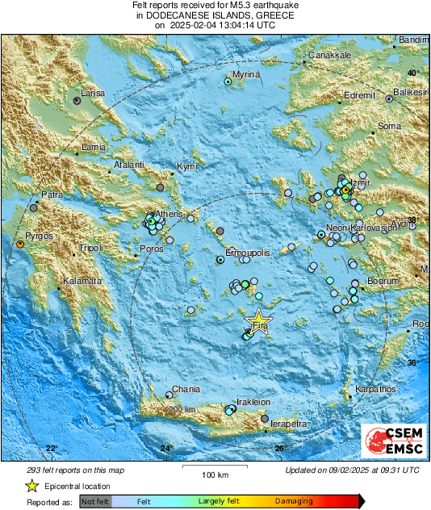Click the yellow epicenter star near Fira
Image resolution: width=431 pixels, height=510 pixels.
coord(258,319)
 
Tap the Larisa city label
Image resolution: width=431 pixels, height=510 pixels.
coord(94,94)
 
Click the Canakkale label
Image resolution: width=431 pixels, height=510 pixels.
coord(327,56)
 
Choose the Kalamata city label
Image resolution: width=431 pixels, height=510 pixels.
coord(83,281)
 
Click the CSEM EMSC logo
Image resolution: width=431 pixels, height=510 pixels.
coord(393,441)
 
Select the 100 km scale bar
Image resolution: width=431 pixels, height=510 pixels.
coord(213,466)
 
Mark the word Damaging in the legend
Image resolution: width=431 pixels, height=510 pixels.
coord(295,501)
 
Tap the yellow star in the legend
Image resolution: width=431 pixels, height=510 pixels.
coord(31,486)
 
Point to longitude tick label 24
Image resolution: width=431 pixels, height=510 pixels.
coord(165,448)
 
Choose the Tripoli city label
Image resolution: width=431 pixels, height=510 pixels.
coord(90,248)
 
